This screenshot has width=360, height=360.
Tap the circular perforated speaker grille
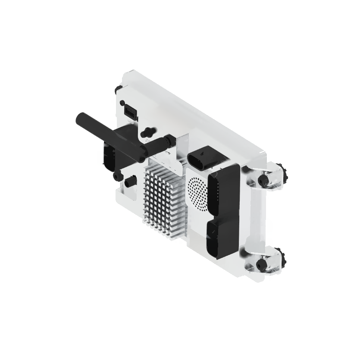199,193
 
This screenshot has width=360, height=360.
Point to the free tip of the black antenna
80,117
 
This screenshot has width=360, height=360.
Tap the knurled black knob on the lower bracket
285,259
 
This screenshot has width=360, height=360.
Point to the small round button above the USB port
123,103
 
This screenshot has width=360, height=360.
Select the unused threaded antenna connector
149,130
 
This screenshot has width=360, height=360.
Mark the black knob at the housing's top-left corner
118,89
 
